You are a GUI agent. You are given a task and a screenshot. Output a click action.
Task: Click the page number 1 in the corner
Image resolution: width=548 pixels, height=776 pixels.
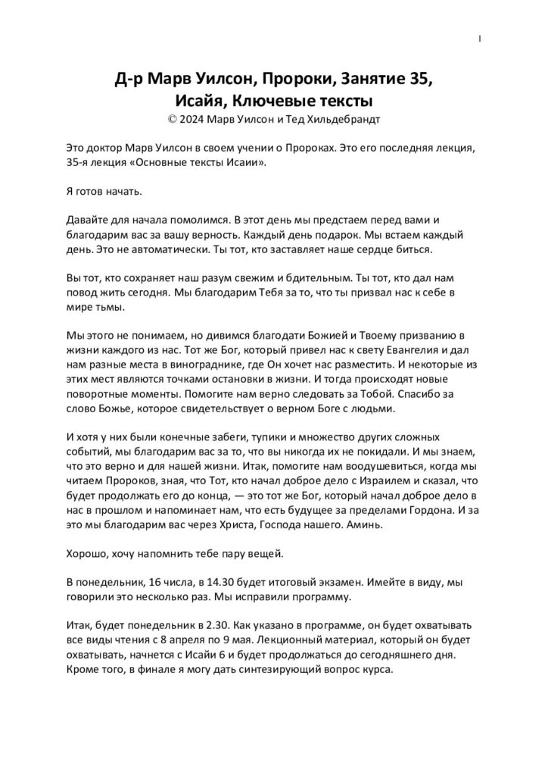click(x=481, y=39)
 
